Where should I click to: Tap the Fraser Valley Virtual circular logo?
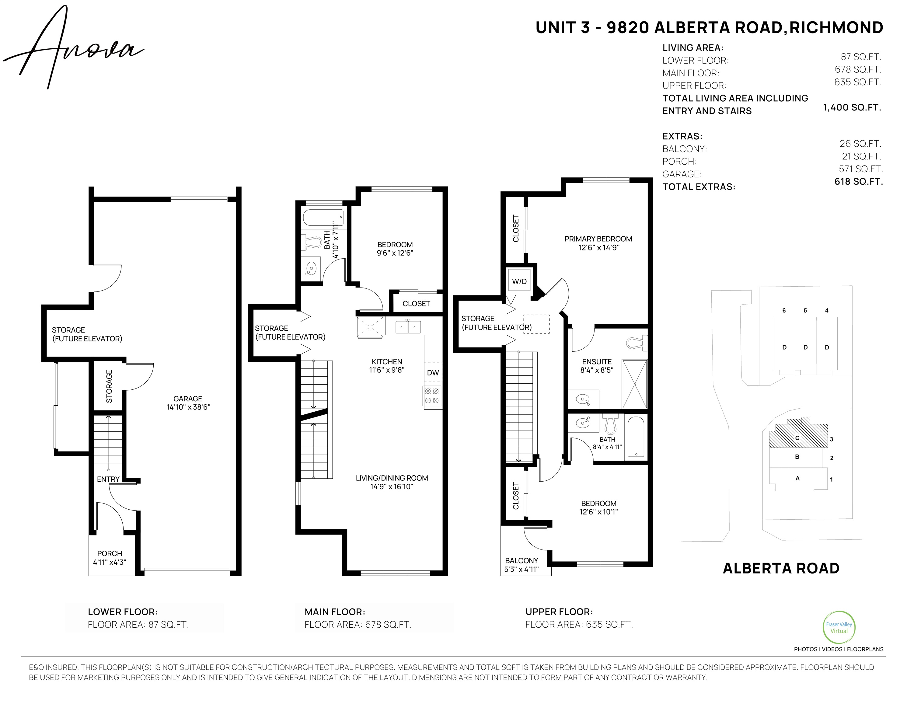(839, 627)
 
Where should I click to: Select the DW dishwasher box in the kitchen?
(433, 372)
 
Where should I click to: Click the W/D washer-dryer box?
(519, 281)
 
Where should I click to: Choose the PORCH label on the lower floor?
(110, 553)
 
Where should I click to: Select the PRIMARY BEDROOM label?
(598, 239)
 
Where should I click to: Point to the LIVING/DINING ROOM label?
(392, 478)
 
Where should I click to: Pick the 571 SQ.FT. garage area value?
(860, 169)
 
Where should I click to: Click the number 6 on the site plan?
(784, 310)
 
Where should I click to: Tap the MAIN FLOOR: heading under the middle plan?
(335, 612)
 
